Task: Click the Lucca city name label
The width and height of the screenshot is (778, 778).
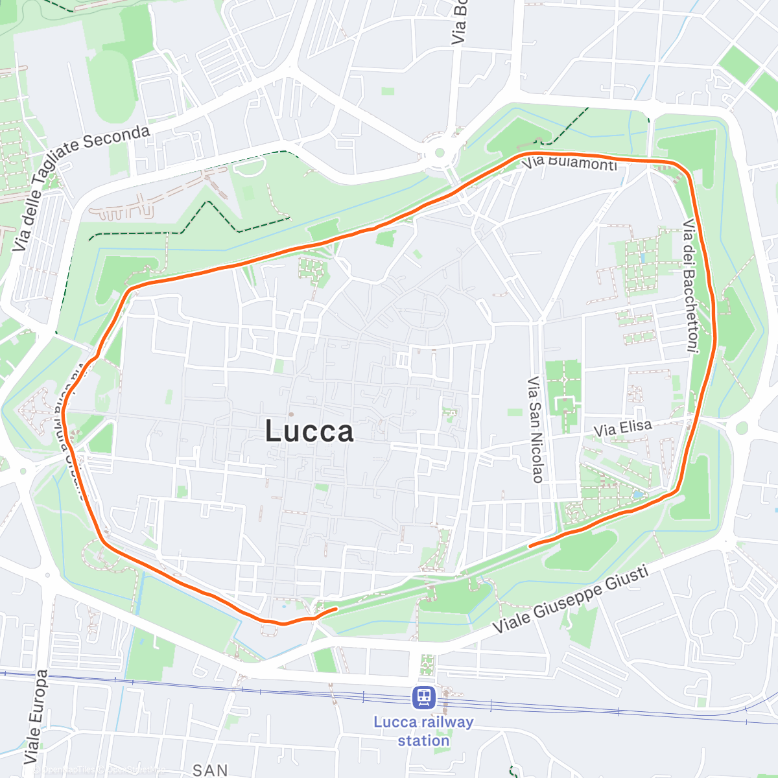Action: tap(310, 432)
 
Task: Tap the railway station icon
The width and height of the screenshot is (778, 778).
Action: tap(424, 698)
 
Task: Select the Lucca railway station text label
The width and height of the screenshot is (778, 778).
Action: tap(423, 731)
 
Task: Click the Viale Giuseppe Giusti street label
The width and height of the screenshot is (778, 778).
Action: tap(571, 600)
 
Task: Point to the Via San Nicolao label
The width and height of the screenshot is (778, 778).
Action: tap(535, 429)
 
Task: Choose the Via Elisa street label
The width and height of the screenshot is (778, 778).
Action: tap(622, 428)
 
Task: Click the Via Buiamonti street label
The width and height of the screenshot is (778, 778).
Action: tap(569, 162)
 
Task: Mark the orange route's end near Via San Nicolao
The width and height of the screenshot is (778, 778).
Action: tap(530, 546)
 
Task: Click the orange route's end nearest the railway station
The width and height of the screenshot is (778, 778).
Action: tap(336, 609)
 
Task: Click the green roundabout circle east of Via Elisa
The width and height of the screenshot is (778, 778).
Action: tap(741, 428)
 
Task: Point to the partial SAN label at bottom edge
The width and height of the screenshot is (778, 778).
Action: tap(210, 770)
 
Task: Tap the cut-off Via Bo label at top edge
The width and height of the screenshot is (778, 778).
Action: tap(458, 23)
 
